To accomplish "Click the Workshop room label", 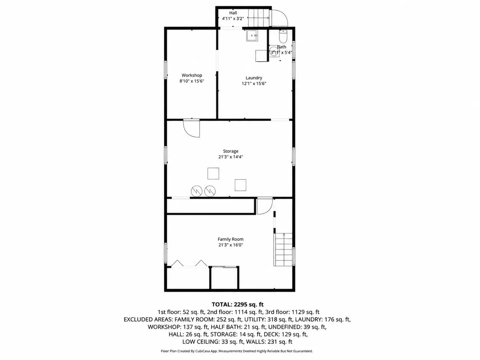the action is [192, 75].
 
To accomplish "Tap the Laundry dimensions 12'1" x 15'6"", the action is [254, 83].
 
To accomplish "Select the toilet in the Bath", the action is [283, 37].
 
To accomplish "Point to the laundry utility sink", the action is [252, 36].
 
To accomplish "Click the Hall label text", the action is [233, 13].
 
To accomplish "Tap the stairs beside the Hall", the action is [259, 18].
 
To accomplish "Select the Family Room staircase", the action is [284, 249].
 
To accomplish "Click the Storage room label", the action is [230, 151].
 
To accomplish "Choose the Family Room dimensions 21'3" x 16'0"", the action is [230, 245].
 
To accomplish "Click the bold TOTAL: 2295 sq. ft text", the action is [238, 304].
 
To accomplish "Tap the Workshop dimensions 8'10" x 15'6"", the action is [192, 81].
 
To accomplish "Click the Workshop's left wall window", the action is [166, 70].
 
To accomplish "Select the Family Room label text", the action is [230, 239].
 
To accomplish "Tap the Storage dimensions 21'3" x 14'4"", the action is [230, 157].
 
